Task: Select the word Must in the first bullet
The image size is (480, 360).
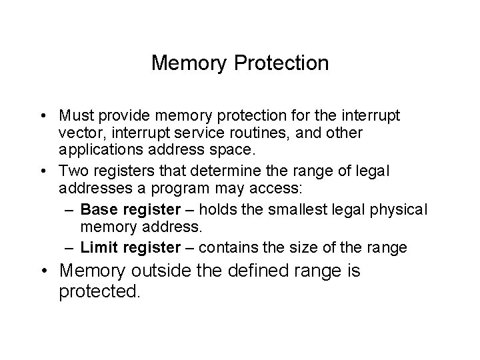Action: (x=75, y=116)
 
